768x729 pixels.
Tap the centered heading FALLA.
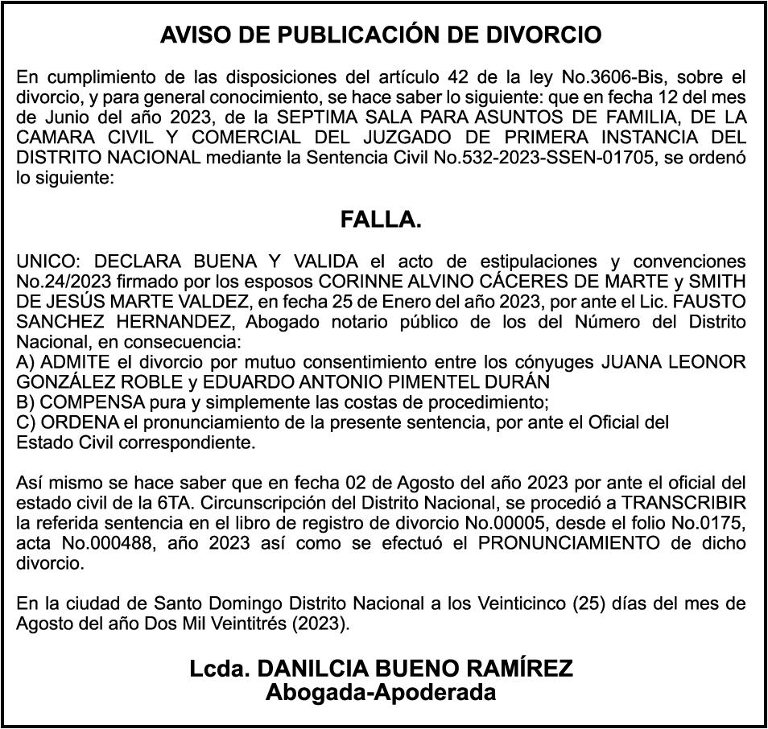pos(381,220)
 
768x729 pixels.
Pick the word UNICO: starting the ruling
pos(48,262)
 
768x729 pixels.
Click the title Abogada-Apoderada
pos(381,692)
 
